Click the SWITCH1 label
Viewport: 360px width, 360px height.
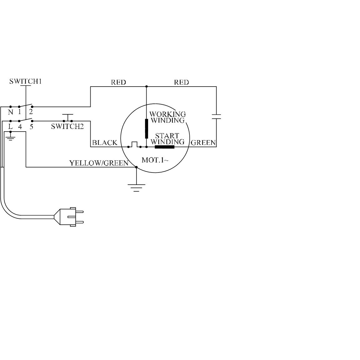(x=26, y=81)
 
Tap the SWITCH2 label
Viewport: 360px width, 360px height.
(x=67, y=126)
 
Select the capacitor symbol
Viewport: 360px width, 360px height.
(x=216, y=116)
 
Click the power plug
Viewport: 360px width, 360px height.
(x=69, y=217)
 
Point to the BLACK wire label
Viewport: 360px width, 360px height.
(x=105, y=143)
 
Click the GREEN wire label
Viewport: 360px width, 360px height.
(x=203, y=143)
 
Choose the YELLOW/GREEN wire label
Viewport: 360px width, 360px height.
(x=99, y=163)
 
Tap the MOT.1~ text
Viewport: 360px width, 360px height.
(x=155, y=160)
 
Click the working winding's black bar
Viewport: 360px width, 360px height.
(x=147, y=128)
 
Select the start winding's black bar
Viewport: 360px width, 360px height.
(x=165, y=147)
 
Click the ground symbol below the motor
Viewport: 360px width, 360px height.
(x=136, y=187)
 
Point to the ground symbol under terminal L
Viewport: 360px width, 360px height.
(x=10, y=137)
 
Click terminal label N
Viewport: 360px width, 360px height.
(x=11, y=112)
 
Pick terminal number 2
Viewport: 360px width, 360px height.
(x=31, y=112)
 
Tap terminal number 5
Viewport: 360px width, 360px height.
(x=31, y=127)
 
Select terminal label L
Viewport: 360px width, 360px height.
(x=10, y=127)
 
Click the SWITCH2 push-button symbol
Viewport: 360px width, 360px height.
(x=68, y=117)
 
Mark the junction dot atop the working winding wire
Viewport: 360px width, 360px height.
(x=147, y=87)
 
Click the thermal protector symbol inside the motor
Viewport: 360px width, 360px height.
(x=134, y=144)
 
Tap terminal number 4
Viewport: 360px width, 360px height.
(x=20, y=127)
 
